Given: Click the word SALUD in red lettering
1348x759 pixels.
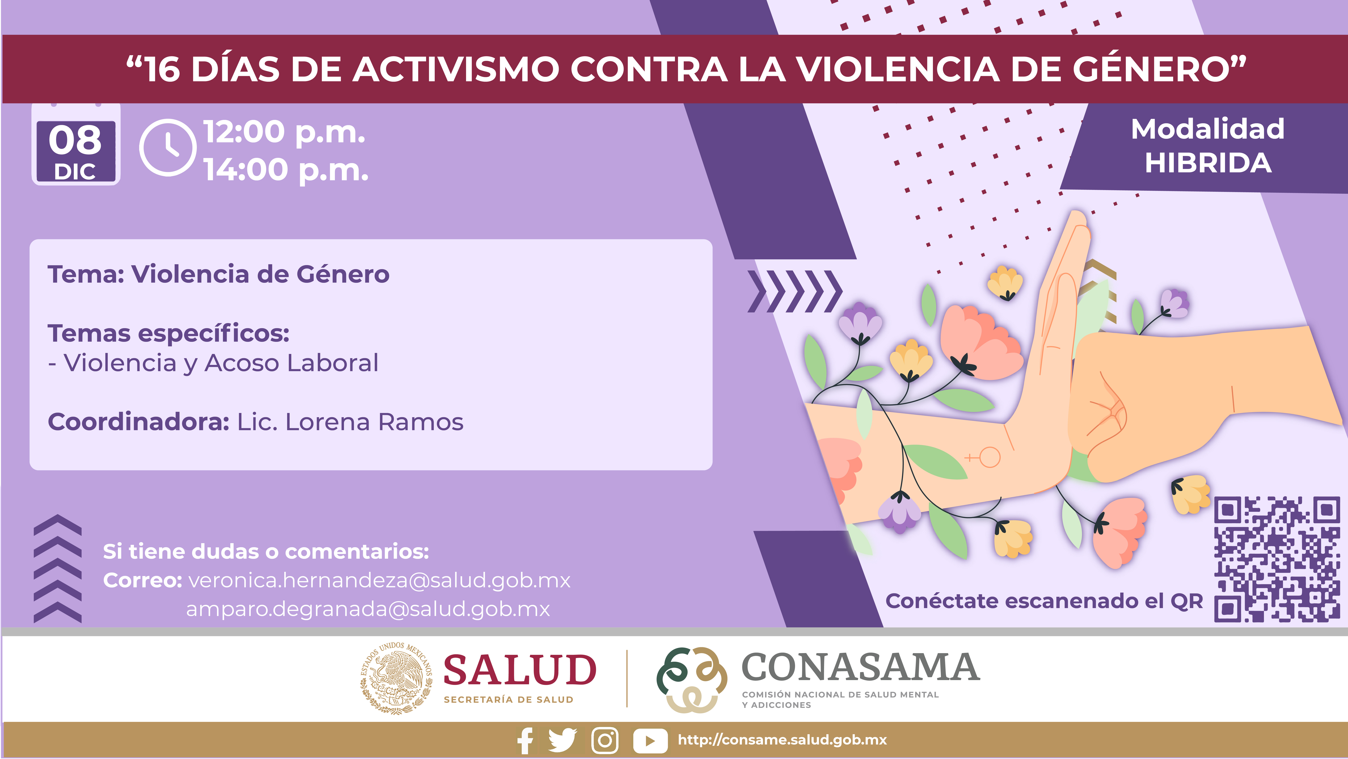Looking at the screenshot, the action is [x=520, y=670].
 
